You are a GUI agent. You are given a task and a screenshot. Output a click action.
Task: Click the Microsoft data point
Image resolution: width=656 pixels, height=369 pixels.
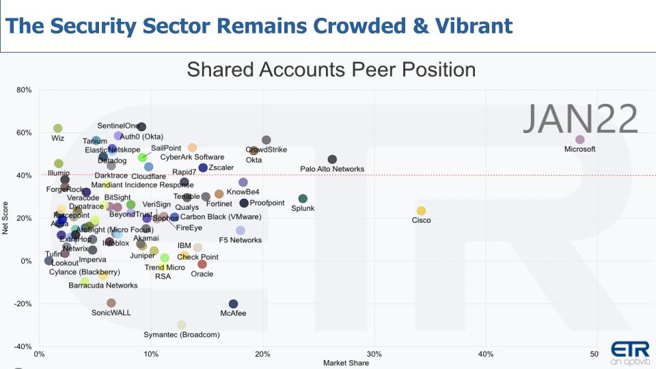pyautogui.click(x=580, y=139)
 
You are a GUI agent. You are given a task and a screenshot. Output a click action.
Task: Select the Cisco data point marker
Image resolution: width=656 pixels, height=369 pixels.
pyautogui.click(x=422, y=211)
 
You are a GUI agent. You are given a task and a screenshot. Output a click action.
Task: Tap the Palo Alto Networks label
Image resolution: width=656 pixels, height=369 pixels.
pyautogui.click(x=332, y=169)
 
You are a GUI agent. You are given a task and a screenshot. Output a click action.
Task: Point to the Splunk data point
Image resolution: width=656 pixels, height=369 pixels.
pyautogui.click(x=303, y=199)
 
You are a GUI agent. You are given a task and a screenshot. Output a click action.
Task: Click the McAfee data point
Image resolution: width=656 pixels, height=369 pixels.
pyautogui.click(x=233, y=304)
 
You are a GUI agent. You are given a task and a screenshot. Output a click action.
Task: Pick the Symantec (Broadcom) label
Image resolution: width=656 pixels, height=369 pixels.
pyautogui.click(x=182, y=335)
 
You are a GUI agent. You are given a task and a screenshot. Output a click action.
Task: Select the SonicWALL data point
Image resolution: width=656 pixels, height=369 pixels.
pyautogui.click(x=111, y=303)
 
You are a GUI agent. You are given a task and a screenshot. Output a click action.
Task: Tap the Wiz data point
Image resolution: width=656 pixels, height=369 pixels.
pyautogui.click(x=58, y=128)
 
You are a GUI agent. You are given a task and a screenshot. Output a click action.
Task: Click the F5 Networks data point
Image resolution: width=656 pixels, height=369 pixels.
pyautogui.click(x=241, y=231)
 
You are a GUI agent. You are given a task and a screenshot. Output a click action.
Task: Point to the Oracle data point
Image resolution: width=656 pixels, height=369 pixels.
pyautogui.click(x=202, y=264)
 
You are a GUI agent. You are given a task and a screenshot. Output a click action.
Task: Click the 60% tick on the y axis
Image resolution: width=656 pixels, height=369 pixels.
pyautogui.click(x=25, y=133)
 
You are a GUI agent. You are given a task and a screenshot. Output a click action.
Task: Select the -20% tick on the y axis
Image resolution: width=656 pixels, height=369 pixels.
pyautogui.click(x=24, y=304)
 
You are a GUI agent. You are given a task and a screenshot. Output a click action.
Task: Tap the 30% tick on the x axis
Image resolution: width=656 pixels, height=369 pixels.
pyautogui.click(x=374, y=354)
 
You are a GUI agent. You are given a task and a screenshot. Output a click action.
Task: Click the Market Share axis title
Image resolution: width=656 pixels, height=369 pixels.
pyautogui.click(x=346, y=363)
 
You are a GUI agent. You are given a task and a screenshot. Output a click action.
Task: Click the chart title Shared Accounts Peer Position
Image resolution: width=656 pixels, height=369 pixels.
pyautogui.click(x=331, y=70)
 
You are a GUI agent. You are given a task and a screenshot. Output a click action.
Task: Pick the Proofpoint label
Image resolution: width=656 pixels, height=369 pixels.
pyautogui.click(x=267, y=203)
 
